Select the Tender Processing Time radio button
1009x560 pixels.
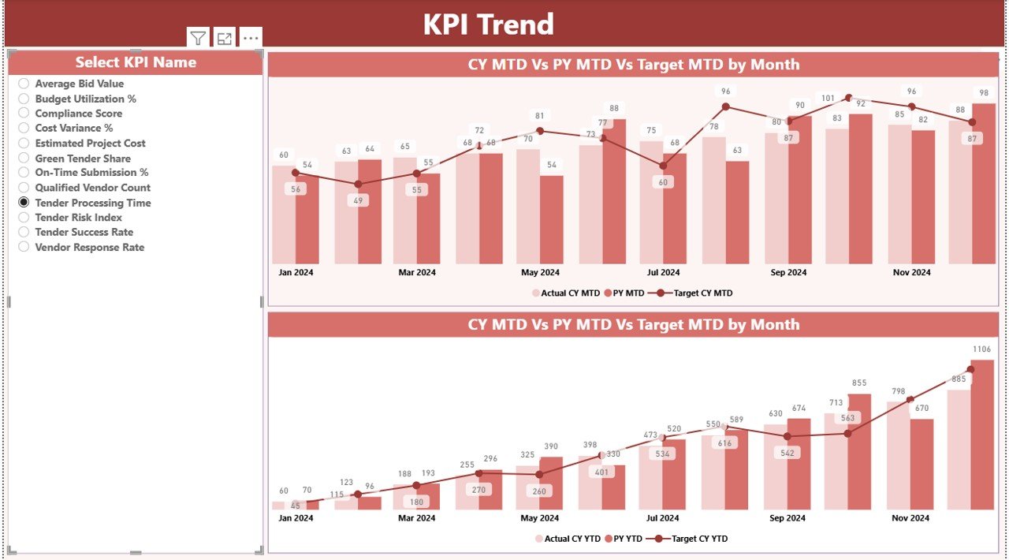click(x=24, y=203)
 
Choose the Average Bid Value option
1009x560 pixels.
click(x=24, y=84)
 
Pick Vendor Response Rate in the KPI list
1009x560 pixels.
click(x=24, y=247)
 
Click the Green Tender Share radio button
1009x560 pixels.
click(x=24, y=158)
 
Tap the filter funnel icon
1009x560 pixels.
click(x=198, y=38)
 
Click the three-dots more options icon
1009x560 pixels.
click(x=251, y=38)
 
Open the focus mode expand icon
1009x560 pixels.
click(x=225, y=38)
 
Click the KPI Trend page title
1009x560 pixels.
click(x=488, y=24)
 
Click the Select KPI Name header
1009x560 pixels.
click(x=136, y=62)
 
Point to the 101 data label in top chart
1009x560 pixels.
click(x=828, y=99)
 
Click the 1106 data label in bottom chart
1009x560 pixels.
click(x=981, y=349)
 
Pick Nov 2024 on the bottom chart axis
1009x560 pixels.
click(x=911, y=518)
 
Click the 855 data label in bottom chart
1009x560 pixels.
click(x=859, y=383)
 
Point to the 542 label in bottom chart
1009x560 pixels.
click(x=787, y=453)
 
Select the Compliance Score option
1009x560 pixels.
click(x=24, y=114)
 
